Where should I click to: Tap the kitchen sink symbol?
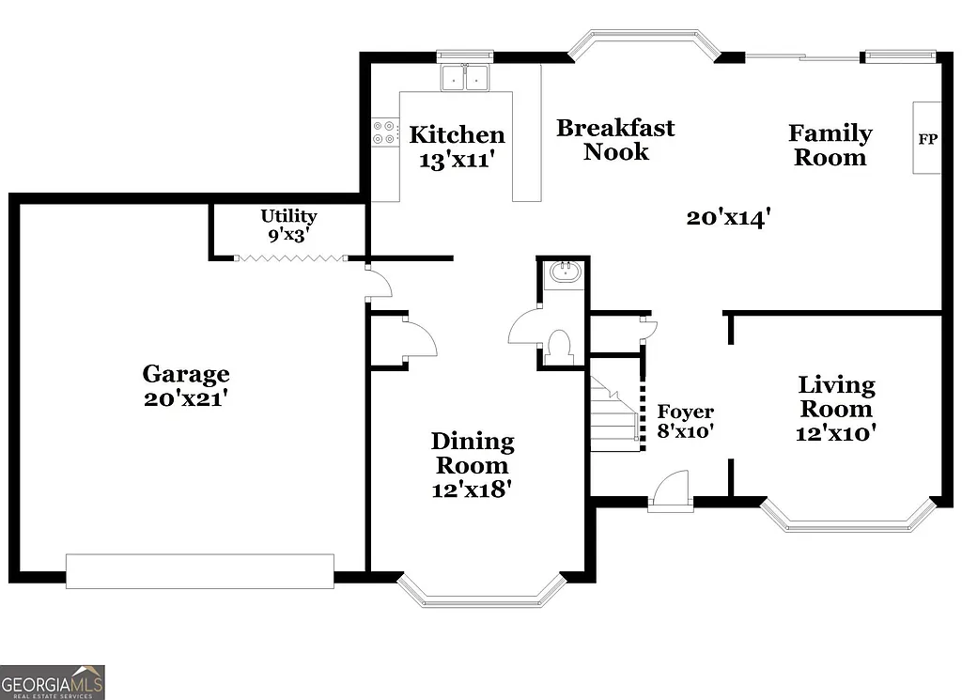(466, 78)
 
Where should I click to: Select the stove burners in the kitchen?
(384, 132)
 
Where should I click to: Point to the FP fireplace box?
(927, 138)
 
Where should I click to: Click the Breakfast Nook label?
(615, 139)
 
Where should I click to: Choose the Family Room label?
(830, 145)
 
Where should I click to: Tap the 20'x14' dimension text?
(728, 218)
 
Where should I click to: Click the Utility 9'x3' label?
(288, 226)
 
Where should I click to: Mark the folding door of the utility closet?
(290, 257)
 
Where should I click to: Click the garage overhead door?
(199, 570)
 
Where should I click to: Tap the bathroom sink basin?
(564, 273)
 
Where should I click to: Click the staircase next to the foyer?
(615, 413)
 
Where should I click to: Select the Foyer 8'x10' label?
(685, 422)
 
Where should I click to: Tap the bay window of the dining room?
(481, 591)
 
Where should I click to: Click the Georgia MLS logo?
(53, 681)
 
